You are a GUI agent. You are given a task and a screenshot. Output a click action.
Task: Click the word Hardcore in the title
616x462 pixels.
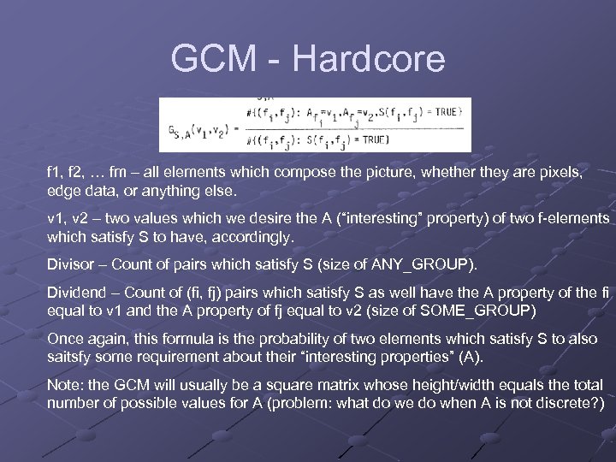(368, 58)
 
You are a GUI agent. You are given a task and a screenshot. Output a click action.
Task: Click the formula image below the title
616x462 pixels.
(314, 125)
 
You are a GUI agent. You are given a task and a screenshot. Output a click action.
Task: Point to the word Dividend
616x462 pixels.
(77, 293)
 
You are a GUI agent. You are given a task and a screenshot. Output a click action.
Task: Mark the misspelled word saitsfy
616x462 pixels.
(70, 356)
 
